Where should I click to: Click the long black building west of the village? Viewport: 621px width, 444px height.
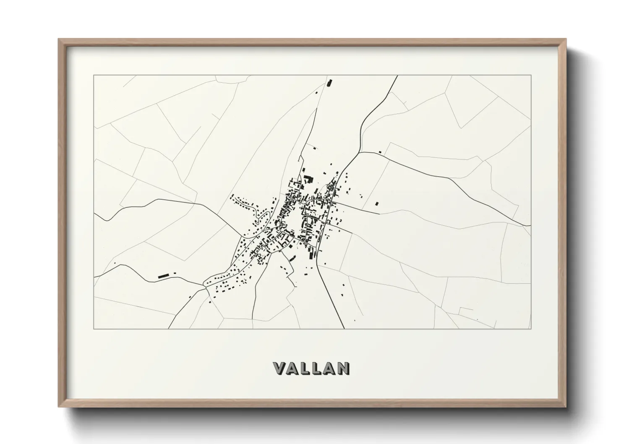coord(163,276)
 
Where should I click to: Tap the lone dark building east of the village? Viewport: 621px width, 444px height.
coord(376,204)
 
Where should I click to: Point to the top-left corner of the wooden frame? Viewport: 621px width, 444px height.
coord(59,39)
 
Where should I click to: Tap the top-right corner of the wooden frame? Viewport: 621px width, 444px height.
coord(566,39)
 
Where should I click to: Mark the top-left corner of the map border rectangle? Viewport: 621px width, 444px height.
coord(94,76)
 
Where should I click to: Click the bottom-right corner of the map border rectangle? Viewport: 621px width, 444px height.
coord(531,329)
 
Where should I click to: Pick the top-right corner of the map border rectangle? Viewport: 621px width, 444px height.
coord(531,76)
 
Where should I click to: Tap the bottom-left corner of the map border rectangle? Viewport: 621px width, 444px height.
coord(94,329)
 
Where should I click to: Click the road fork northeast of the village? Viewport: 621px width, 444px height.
coord(360,152)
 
